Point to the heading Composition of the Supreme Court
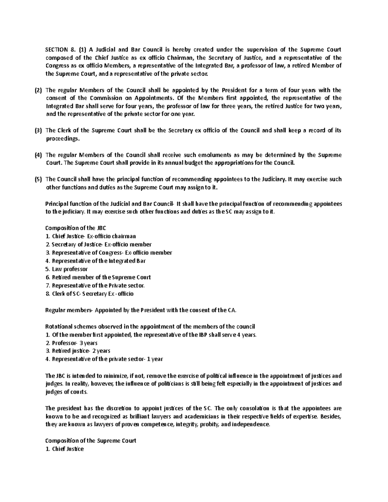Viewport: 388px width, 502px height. pos(91,441)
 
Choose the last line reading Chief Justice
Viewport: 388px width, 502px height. pos(65,449)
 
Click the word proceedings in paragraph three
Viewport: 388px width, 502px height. pos(62,139)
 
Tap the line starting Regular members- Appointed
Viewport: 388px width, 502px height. pos(141,310)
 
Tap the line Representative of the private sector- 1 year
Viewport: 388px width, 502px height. pos(104,359)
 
